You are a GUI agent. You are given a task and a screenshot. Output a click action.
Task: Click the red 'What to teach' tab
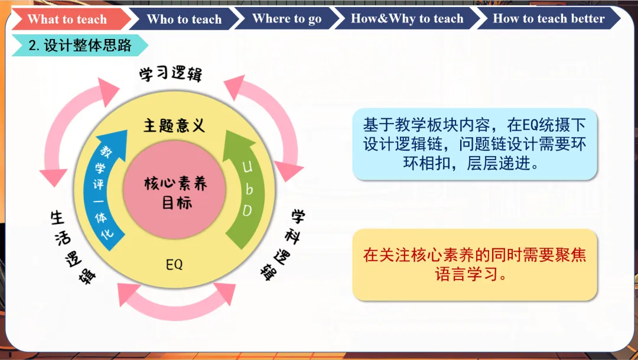67,19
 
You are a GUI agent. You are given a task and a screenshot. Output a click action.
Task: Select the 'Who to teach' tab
184,19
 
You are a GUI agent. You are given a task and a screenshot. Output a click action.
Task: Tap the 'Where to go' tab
287,18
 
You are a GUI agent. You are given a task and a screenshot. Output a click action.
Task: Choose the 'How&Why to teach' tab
407,18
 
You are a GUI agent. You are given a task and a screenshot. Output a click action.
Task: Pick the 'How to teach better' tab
548,18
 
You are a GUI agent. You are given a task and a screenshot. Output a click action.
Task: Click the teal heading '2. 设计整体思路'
80,45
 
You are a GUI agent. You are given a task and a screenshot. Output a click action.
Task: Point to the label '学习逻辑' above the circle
171,73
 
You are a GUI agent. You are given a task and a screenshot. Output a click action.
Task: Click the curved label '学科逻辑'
284,244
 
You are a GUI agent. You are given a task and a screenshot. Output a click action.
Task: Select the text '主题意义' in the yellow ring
174,125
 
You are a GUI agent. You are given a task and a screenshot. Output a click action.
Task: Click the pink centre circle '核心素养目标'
174,190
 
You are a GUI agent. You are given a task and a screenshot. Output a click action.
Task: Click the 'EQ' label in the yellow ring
174,265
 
